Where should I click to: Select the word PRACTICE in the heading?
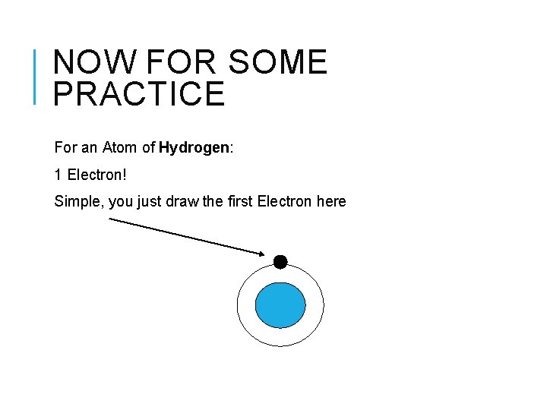click(140, 93)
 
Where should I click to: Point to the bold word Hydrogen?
click(194, 147)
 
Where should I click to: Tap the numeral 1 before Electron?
click(58, 175)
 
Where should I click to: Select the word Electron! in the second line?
click(96, 175)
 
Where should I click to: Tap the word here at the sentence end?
click(331, 201)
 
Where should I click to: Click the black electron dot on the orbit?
click(280, 262)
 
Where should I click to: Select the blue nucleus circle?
click(280, 305)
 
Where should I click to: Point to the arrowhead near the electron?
click(261, 254)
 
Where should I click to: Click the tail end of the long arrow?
click(111, 219)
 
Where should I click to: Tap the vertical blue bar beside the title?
click(36, 76)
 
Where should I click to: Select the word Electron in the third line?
click(284, 201)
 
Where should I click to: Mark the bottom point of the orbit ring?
click(280, 347)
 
